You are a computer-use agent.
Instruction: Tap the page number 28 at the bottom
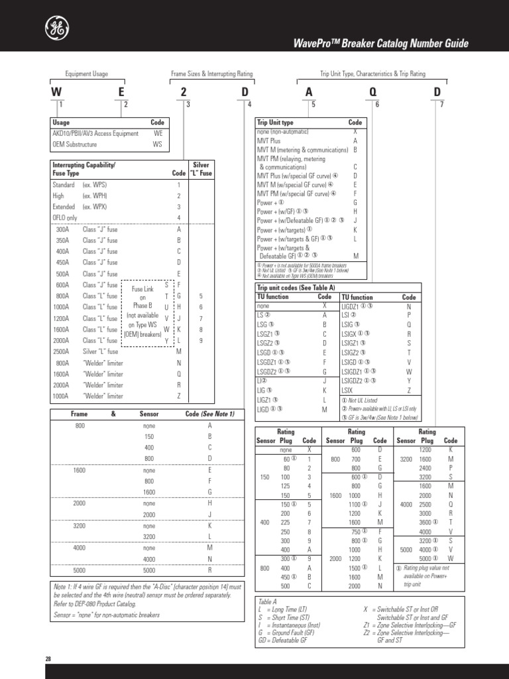point(48,659)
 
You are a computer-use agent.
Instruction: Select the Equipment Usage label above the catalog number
point(86,74)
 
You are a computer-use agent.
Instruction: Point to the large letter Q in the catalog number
point(373,93)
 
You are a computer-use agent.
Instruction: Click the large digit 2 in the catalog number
point(184,93)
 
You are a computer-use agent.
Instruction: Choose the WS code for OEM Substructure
point(157,143)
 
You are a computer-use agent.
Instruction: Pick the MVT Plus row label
point(268,141)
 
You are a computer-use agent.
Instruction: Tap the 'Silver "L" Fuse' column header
point(201,168)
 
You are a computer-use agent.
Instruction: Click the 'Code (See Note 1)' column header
point(209,413)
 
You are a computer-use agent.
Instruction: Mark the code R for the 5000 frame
point(209,570)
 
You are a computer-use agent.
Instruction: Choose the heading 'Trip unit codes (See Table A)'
point(296,288)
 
